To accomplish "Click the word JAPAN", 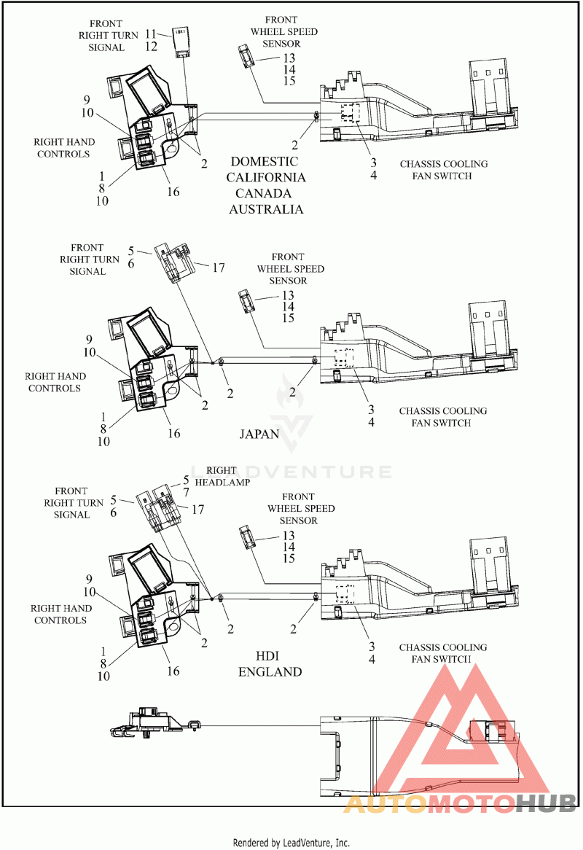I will pos(259,434).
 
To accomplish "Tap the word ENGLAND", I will pos(270,671).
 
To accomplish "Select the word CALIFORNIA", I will pos(266,177).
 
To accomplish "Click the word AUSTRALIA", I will pos(266,209).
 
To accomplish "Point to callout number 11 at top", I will pos(151,34).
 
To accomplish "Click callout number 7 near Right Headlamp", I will pos(186,492).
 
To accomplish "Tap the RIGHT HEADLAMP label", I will pos(228,476).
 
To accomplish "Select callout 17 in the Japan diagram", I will pos(218,268).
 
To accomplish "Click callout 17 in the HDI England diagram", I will pos(197,510).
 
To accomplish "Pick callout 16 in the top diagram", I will pos(173,192).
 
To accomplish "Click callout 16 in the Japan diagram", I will pos(173,433).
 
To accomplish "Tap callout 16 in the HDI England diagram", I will pos(173,671).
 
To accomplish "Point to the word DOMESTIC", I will pos(264,161).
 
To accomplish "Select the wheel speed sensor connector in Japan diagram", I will pos(246,300).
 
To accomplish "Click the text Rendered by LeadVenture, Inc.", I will pos(291,843).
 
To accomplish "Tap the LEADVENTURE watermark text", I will pos(291,472).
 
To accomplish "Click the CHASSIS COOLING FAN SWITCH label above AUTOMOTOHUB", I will pos(443,653).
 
